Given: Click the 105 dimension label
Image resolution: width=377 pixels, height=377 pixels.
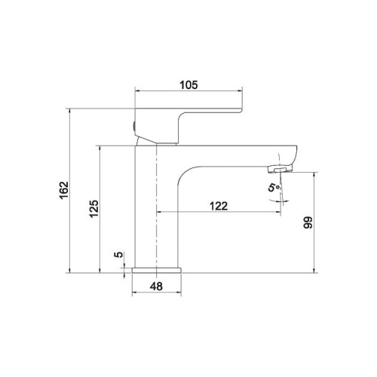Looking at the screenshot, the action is [188, 85].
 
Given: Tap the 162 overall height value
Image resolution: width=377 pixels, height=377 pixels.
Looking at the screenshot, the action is [64, 190].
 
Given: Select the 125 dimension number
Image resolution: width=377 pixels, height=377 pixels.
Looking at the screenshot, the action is [94, 209].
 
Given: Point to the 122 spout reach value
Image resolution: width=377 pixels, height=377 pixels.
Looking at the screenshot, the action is [219, 206].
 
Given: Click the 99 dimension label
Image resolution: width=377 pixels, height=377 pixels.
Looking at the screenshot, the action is [308, 222].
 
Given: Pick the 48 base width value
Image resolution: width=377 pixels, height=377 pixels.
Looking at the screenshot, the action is [156, 287].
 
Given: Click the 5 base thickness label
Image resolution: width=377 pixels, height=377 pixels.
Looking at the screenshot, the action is [118, 254].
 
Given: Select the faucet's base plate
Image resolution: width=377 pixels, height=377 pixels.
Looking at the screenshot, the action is [157, 270].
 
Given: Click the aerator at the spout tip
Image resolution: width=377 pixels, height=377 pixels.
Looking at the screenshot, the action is [280, 169].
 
